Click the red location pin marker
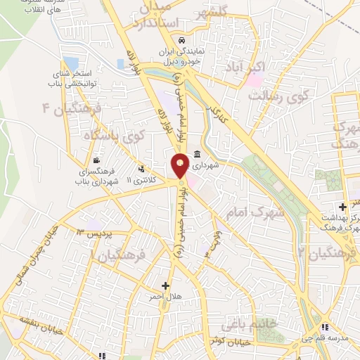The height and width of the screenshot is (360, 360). [181, 165]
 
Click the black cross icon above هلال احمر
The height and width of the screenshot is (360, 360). [166, 285]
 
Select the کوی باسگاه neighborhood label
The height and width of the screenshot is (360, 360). [119, 134]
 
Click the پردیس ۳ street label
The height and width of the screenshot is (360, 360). [91, 232]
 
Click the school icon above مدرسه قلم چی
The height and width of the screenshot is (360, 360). [325, 327]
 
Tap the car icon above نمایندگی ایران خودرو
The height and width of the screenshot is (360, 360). [182, 41]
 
